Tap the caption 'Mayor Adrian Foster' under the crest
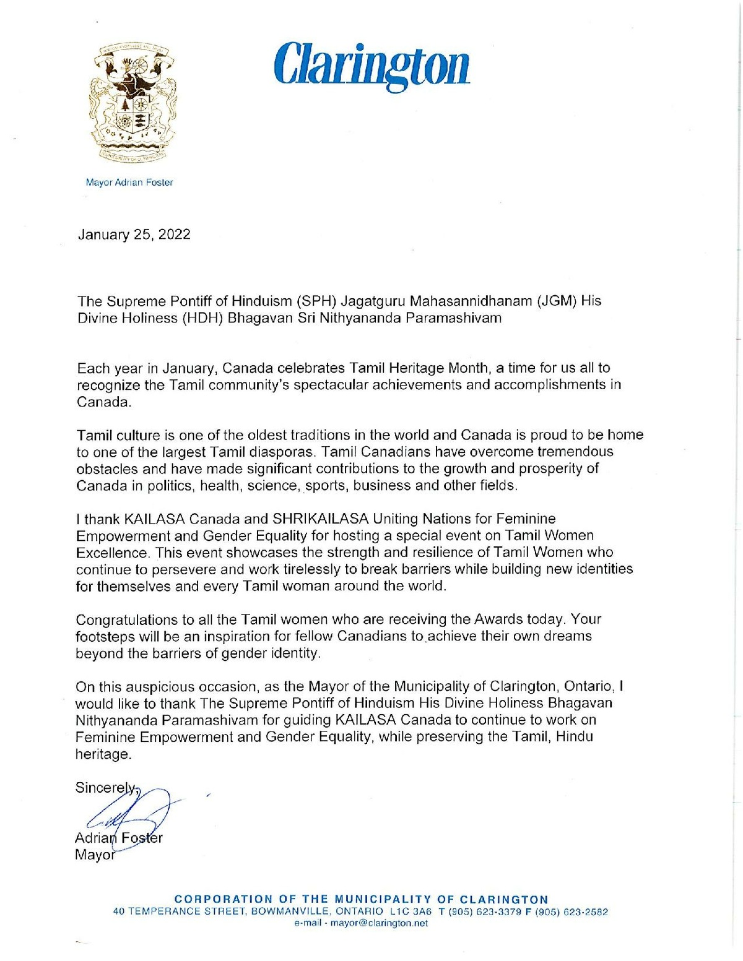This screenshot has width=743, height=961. [x=129, y=183]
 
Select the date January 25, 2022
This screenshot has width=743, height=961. [x=134, y=235]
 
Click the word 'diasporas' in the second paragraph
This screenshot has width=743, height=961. [x=288, y=452]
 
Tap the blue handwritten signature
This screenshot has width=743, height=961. [x=130, y=817]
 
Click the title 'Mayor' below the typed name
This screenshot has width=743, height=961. [x=95, y=855]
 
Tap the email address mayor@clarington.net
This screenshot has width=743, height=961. [x=379, y=923]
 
